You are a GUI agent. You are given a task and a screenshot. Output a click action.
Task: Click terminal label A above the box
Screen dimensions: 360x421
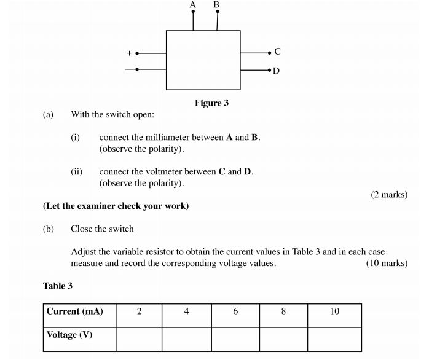[193, 4]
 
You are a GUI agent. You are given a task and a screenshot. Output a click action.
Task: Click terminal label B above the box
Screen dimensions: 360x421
[216, 4]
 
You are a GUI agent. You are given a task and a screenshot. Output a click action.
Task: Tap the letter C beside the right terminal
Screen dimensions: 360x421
[278, 52]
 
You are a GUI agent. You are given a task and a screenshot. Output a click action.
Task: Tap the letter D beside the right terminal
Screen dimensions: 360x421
[277, 71]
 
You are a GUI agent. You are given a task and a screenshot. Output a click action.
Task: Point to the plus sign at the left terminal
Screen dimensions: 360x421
[129, 53]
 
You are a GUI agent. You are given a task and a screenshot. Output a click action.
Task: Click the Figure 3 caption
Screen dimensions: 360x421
[211, 103]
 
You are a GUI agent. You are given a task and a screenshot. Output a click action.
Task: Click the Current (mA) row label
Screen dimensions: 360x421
[74, 311]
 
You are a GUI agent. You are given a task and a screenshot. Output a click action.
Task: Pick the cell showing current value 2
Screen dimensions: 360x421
[140, 312]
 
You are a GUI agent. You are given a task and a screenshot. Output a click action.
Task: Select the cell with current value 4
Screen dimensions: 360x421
[186, 312]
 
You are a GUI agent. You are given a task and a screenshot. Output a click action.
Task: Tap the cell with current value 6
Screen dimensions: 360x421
[235, 312]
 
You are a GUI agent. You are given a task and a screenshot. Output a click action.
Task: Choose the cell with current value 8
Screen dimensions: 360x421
[283, 312]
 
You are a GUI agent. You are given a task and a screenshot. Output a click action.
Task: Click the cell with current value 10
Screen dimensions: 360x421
[334, 312]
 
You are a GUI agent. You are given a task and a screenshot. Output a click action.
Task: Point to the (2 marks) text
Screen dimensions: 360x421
[389, 195]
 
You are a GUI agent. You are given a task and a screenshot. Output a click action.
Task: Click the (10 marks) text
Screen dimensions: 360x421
[387, 264]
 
